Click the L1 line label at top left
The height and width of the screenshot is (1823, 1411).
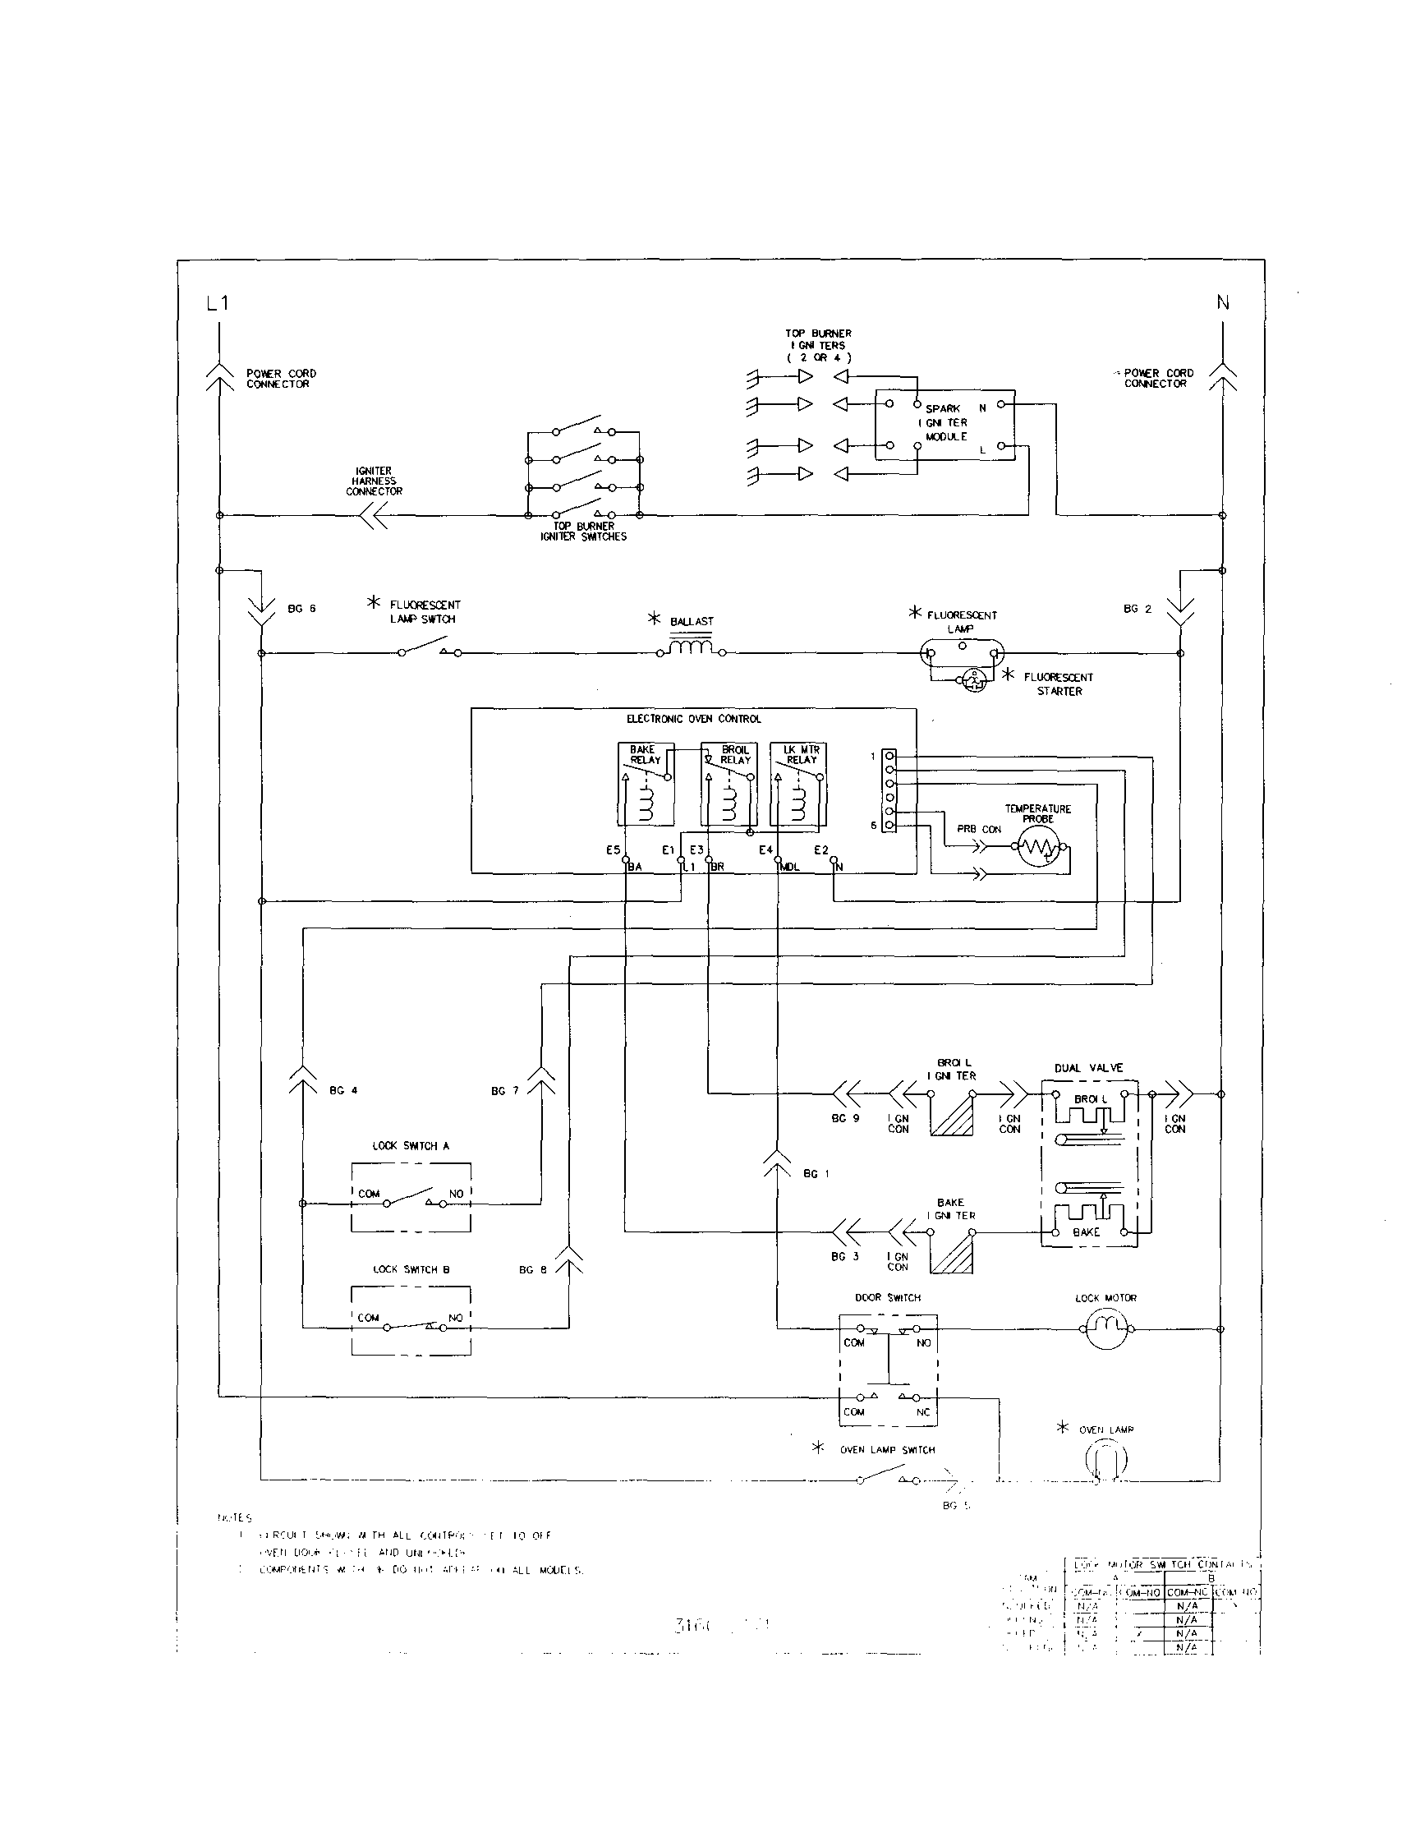click(x=217, y=303)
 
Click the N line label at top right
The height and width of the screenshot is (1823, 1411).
click(x=1222, y=303)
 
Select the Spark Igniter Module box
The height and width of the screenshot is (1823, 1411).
click(x=944, y=424)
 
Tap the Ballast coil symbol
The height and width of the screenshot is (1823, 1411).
click(x=691, y=647)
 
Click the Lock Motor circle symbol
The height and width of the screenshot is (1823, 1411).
click(x=1106, y=1328)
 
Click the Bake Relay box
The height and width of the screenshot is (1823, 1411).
click(x=645, y=783)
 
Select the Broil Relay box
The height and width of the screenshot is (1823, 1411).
click(x=728, y=783)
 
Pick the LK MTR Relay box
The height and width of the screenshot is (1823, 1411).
click(x=797, y=783)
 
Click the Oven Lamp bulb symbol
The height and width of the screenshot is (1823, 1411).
click(x=1106, y=1460)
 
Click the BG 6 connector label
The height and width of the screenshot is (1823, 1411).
click(x=301, y=609)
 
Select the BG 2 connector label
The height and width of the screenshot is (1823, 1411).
click(x=1137, y=609)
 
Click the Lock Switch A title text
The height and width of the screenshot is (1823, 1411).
click(x=411, y=1146)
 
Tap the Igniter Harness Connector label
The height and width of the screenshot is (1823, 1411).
click(x=374, y=481)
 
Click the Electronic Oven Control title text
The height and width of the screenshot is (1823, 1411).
click(x=693, y=719)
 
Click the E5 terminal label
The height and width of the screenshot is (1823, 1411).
click(x=614, y=850)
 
